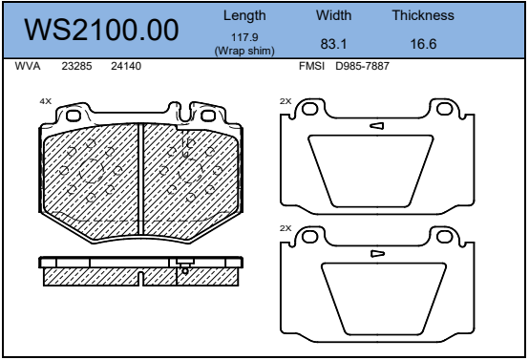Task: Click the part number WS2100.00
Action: point(101,30)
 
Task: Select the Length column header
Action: point(244,16)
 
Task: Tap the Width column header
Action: point(333,15)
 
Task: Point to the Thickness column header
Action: point(423,15)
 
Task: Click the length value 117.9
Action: point(244,37)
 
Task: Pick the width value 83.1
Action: point(333,44)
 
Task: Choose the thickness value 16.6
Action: point(423,44)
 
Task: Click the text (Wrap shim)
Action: point(244,51)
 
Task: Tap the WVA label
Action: point(28,66)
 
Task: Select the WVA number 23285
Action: point(76,66)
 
